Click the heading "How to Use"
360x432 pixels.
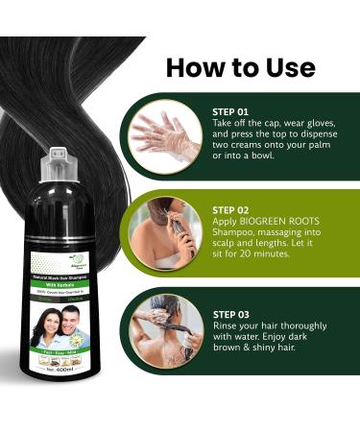tap(240, 66)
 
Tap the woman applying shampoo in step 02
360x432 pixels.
tap(159, 230)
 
